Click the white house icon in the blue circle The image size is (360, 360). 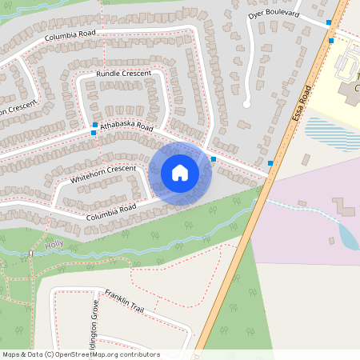[x=179, y=172]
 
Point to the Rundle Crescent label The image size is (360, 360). [x=123, y=74]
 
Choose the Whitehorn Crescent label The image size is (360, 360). [x=103, y=174]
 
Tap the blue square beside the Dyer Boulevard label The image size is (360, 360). [x=329, y=22]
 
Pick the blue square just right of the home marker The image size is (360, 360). [x=214, y=159]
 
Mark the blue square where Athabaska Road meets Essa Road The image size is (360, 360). [x=270, y=163]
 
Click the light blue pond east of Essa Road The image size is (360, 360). [x=349, y=237]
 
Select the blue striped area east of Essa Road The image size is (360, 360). [x=331, y=133]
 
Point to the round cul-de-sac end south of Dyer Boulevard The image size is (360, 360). [x=246, y=104]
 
